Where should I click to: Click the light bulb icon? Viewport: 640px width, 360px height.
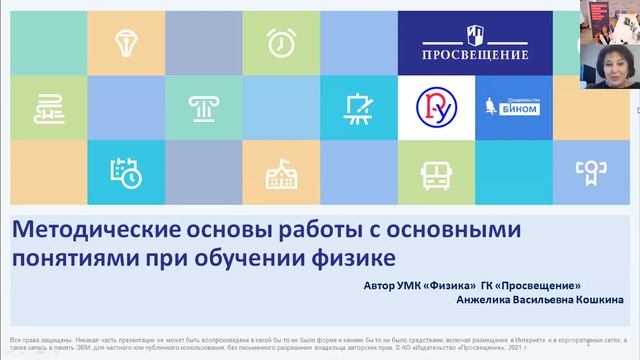(127, 43)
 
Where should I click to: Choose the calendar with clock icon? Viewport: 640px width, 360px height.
(127, 172)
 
